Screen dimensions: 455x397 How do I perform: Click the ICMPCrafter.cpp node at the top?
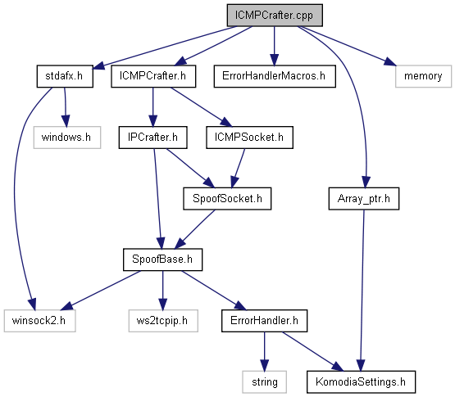[275, 16]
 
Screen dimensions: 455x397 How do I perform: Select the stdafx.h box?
[65, 76]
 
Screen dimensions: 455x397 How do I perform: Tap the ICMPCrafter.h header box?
[153, 76]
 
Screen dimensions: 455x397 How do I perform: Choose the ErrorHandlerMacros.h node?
[275, 76]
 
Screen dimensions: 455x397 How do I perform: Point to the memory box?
[423, 76]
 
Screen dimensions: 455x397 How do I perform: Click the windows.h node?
[67, 138]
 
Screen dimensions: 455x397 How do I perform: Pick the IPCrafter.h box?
[153, 138]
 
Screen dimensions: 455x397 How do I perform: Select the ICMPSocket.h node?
[249, 138]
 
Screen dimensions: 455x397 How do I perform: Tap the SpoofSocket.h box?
[227, 198]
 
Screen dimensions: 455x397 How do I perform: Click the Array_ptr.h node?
[364, 198]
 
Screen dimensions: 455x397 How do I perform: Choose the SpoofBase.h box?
[162, 259]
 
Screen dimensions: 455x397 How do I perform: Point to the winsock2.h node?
[39, 321]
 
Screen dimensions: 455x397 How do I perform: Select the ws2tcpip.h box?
[163, 321]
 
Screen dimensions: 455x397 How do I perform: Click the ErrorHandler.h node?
[264, 321]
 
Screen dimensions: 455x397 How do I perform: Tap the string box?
[264, 382]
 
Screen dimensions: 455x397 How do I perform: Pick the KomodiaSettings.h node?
[361, 382]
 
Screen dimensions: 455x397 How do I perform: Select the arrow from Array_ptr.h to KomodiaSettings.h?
[362, 290]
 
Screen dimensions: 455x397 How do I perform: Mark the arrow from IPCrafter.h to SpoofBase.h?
[157, 198]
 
